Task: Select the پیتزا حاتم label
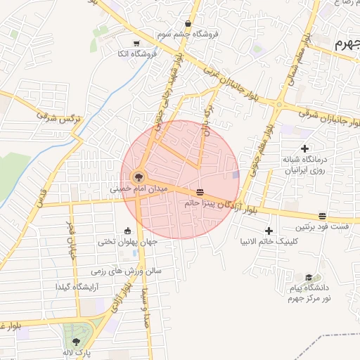click(x=199, y=203)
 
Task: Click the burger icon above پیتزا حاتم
click(x=201, y=191)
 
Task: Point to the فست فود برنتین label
click(x=321, y=227)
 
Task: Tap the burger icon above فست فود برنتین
click(x=322, y=215)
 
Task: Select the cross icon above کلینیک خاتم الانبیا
click(x=269, y=231)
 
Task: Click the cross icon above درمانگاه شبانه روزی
click(x=304, y=148)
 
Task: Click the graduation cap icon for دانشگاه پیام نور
click(x=309, y=278)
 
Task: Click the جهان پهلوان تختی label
click(x=127, y=242)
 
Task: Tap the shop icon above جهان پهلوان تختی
click(x=127, y=230)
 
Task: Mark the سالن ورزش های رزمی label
click(x=126, y=271)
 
